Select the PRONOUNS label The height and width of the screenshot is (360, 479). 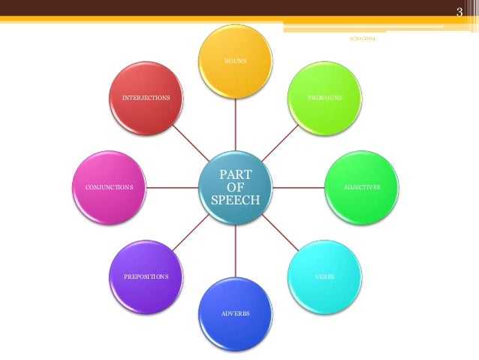coord(325,98)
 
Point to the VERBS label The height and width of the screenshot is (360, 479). coord(325,277)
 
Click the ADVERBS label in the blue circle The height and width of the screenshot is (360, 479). coord(235,312)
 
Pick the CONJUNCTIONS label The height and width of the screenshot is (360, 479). coord(109,186)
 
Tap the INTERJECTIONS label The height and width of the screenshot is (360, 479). coord(146,98)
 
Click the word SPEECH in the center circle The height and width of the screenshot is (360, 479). coord(236,201)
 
